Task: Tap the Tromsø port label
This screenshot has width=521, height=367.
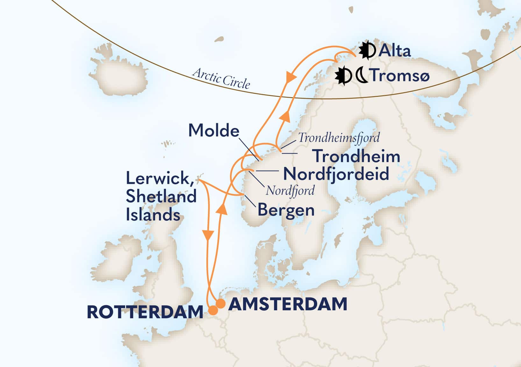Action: (x=400, y=76)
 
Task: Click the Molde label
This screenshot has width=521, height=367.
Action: (x=214, y=131)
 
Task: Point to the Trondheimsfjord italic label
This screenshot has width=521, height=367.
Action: (x=339, y=138)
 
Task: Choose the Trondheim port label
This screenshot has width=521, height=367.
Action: (x=357, y=156)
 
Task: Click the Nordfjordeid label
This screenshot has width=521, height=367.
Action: (x=336, y=174)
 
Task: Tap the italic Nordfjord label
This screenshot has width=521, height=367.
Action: (x=290, y=191)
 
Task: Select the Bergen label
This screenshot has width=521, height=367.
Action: (x=286, y=210)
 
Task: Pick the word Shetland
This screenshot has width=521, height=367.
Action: (x=161, y=197)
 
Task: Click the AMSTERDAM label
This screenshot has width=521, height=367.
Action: (x=288, y=304)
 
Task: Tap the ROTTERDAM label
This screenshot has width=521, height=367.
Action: (x=145, y=312)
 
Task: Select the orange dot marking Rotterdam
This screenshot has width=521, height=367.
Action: (x=213, y=310)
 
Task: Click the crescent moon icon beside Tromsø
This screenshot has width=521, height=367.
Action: (x=362, y=76)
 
